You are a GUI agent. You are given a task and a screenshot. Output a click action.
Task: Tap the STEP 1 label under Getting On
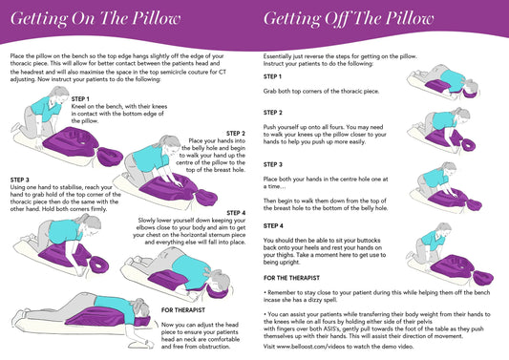[x=80, y=98]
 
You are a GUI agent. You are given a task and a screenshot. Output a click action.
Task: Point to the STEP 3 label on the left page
[x=19, y=179]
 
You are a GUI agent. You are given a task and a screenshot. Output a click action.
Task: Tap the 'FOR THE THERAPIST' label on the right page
[x=295, y=277]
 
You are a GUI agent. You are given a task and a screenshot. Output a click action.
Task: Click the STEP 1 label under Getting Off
[x=272, y=76]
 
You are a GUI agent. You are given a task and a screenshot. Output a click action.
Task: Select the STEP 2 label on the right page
[x=272, y=112]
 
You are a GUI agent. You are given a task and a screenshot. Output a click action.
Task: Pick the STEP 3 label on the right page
[x=272, y=164]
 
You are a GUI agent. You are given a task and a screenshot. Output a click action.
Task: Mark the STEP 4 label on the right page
[x=272, y=225]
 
